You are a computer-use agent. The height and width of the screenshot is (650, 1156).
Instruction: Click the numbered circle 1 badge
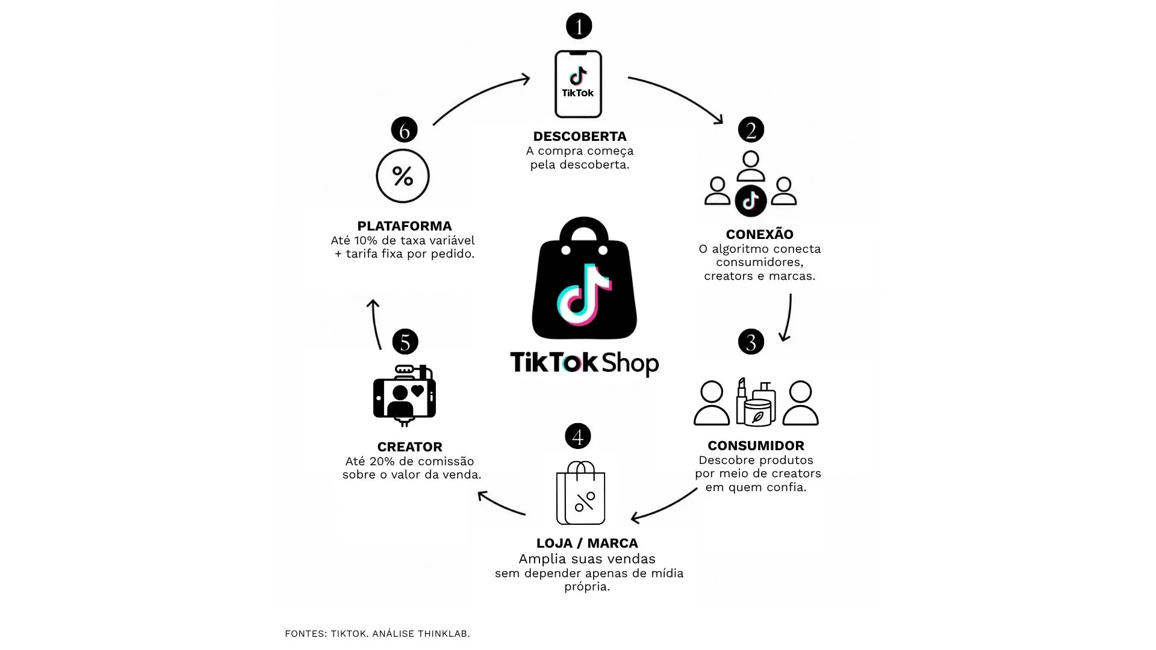(x=579, y=26)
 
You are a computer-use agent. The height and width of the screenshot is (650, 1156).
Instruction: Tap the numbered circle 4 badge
(x=578, y=436)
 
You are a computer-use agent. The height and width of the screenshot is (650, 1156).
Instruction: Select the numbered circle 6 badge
(x=404, y=129)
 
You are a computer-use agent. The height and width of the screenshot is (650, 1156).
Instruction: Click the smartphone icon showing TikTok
(x=578, y=84)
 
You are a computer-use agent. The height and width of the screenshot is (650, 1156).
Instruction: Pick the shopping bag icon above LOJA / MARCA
(x=580, y=493)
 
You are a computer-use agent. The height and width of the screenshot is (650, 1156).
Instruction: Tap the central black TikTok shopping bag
(x=584, y=278)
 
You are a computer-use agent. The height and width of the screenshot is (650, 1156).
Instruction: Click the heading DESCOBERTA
(x=580, y=136)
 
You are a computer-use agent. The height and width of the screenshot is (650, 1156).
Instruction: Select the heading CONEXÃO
(x=759, y=234)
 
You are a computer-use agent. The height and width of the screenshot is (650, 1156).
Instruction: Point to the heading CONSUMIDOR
(x=756, y=445)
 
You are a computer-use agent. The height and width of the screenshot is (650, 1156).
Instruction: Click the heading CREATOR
(x=409, y=447)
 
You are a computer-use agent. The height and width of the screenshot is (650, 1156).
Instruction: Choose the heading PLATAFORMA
(x=404, y=226)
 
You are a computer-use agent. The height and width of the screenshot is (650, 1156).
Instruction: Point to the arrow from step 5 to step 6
(x=374, y=324)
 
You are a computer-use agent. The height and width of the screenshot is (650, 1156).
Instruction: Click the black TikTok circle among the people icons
(x=751, y=201)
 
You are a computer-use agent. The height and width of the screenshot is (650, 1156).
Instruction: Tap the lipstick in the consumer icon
(x=742, y=400)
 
